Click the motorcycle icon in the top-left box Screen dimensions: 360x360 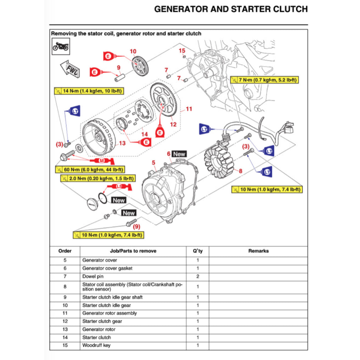point(60,46)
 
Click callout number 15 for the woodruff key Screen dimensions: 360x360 point(182,51)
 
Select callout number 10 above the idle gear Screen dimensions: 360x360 point(133,51)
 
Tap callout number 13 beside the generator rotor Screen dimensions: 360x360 point(122,143)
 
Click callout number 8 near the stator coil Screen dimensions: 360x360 point(240,171)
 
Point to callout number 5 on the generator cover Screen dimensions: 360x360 point(153,162)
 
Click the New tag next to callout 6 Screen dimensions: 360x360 point(179,154)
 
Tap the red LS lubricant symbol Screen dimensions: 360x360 point(119,186)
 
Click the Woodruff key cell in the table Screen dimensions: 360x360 point(96,345)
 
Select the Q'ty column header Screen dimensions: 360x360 point(198,251)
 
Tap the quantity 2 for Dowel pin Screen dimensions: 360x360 point(198,276)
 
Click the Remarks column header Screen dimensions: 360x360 point(258,251)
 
